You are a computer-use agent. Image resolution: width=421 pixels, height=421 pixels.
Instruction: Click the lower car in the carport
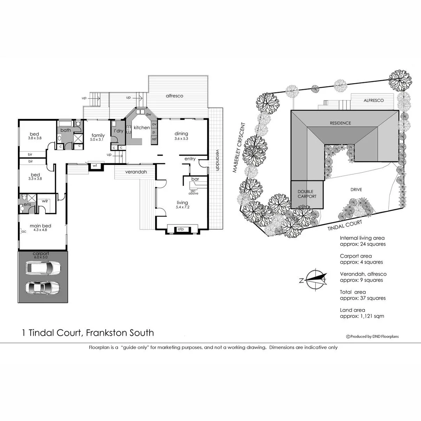(x=43, y=287)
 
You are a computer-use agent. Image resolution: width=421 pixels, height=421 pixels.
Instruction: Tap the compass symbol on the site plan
(x=315, y=279)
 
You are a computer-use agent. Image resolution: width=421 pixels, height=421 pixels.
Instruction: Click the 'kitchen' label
(x=142, y=128)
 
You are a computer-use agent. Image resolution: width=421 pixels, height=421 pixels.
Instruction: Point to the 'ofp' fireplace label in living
(x=180, y=229)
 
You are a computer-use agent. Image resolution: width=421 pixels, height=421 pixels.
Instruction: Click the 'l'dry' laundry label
(x=118, y=131)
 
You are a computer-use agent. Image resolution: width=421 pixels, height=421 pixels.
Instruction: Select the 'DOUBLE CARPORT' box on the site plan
(x=308, y=194)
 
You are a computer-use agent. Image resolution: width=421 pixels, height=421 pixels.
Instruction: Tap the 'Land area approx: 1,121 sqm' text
(x=362, y=313)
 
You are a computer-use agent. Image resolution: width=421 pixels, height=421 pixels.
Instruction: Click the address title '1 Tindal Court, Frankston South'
(x=87, y=333)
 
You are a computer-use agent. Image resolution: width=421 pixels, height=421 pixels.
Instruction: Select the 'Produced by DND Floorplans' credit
(x=372, y=336)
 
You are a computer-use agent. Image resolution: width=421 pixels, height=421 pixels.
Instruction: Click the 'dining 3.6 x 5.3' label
(x=181, y=136)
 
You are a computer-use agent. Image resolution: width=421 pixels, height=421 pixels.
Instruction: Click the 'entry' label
(x=190, y=159)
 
